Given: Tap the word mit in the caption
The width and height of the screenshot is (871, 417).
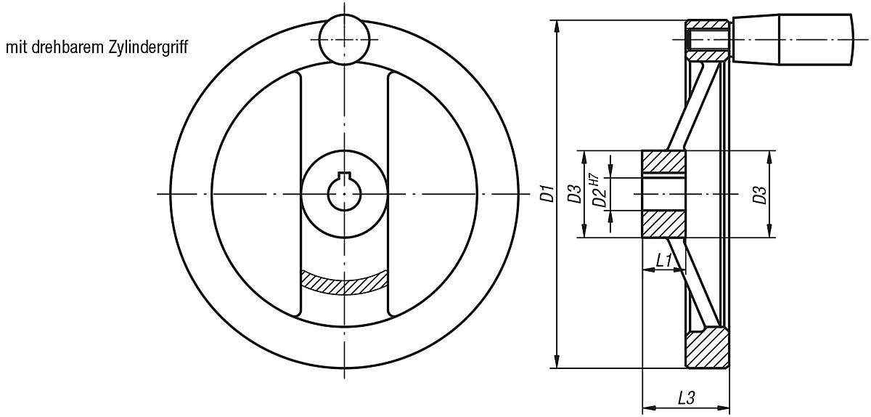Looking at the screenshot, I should tap(17, 48).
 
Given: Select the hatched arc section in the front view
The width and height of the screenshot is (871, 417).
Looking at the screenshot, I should tap(343, 282).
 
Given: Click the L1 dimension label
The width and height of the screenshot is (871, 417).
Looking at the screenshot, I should tap(663, 259).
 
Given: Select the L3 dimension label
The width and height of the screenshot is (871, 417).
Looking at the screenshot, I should tap(686, 397).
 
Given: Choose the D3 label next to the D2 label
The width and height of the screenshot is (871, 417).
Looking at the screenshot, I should tap(573, 194).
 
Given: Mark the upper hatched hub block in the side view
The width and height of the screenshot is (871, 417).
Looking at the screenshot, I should tap(663, 163).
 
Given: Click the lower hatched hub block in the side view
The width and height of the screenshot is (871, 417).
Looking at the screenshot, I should tap(663, 224).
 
